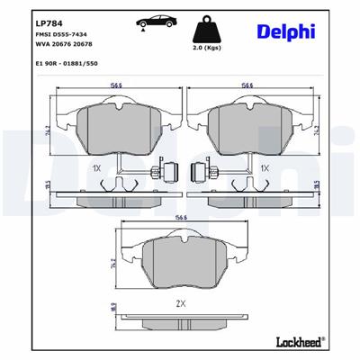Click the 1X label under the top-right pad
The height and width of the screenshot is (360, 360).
click(265, 167)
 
